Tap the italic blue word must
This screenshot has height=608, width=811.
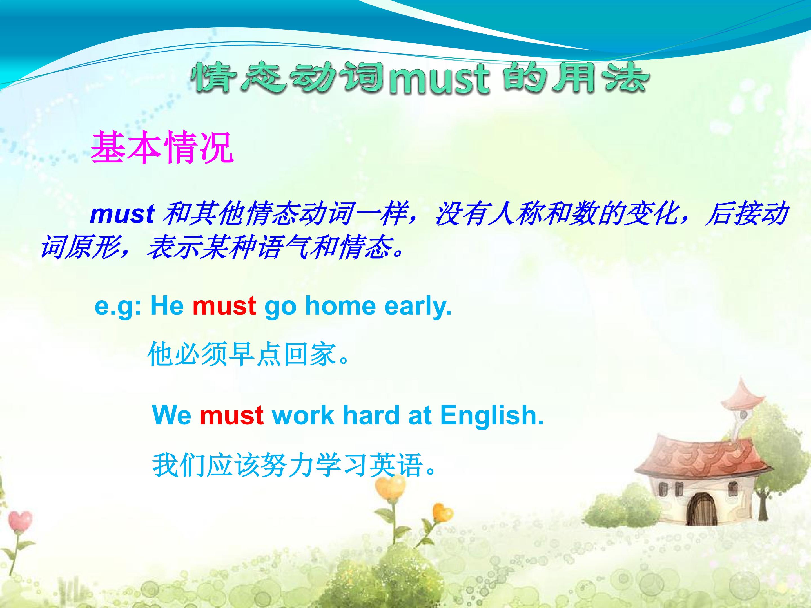tap(122, 214)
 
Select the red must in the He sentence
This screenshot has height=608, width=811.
tap(224, 306)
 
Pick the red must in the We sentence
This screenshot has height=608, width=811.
tap(232, 415)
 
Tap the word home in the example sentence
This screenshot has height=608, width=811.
tap(341, 305)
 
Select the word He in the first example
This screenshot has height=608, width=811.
tap(167, 305)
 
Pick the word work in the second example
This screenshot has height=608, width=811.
tap(303, 415)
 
